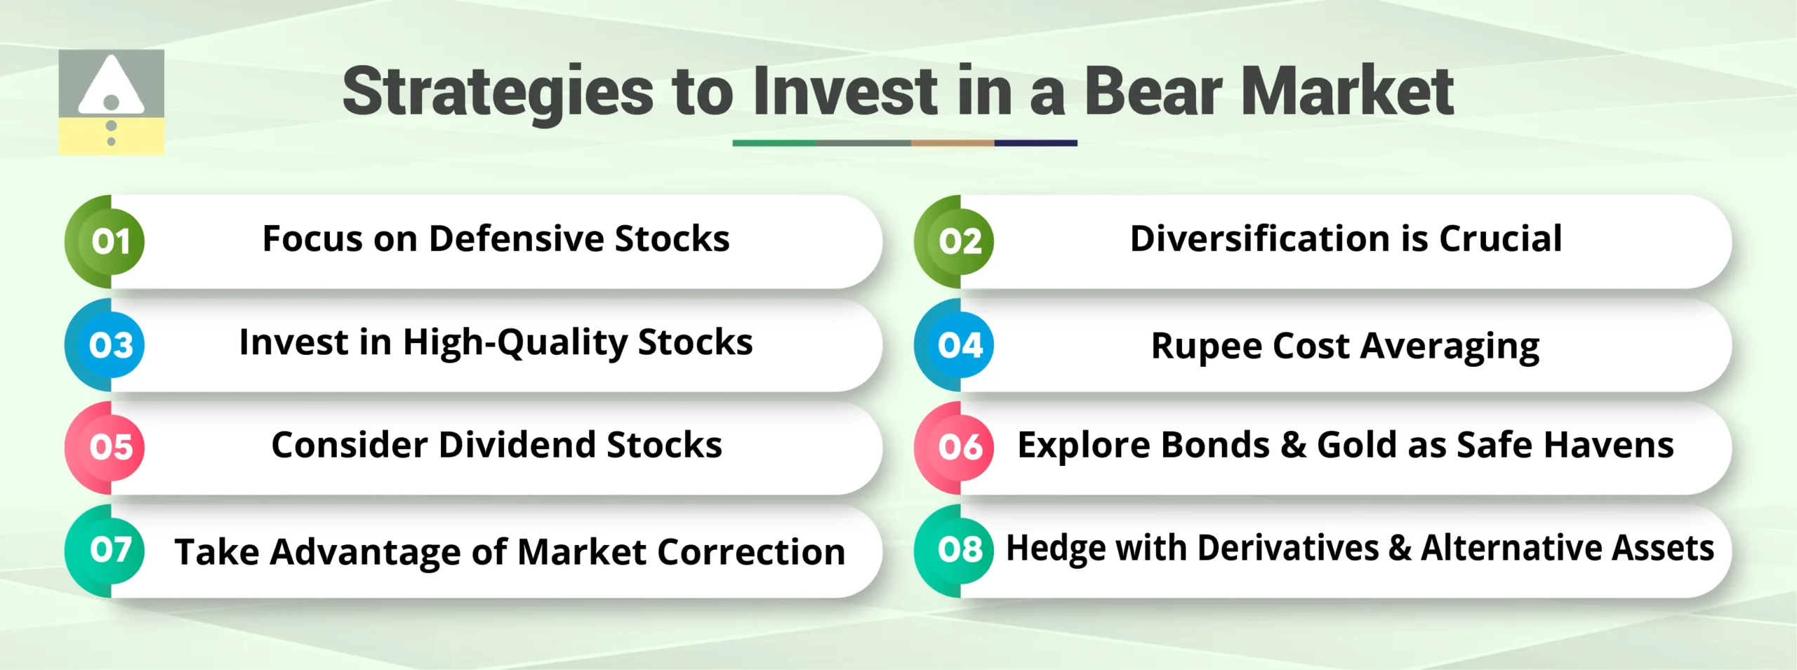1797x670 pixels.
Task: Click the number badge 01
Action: click(x=110, y=241)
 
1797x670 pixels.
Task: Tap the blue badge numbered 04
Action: click(x=960, y=344)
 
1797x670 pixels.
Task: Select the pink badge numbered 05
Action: click(x=110, y=447)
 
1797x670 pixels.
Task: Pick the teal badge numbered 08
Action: click(x=960, y=549)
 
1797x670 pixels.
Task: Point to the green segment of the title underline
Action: click(x=774, y=143)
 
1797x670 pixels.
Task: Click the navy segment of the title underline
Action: click(x=1035, y=143)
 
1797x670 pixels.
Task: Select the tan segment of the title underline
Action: click(x=952, y=143)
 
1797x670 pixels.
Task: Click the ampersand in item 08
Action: click(x=1399, y=548)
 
